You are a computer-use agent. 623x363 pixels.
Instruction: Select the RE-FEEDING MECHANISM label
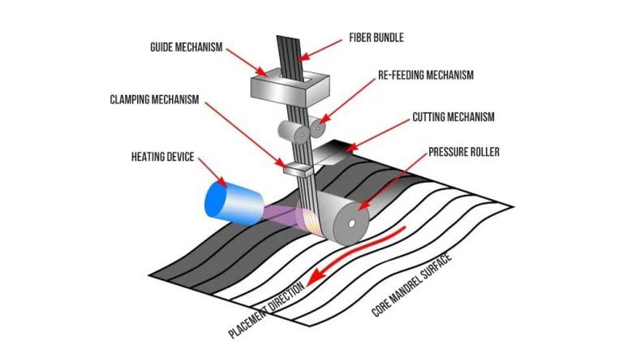point(425,75)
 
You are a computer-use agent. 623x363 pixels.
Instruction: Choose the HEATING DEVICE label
point(161,156)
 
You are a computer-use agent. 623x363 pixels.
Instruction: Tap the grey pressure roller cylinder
point(348,218)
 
